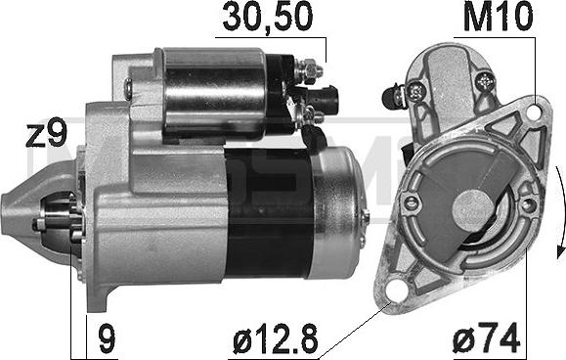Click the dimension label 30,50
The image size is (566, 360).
pyautogui.click(x=268, y=17)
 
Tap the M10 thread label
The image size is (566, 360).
pyautogui.click(x=498, y=17)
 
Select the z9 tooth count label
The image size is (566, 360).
pyautogui.click(x=47, y=132)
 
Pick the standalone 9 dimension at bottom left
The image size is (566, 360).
pyautogui.click(x=108, y=338)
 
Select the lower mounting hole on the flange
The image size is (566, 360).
pyautogui.click(x=395, y=291)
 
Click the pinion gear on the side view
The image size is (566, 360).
pyautogui.click(x=60, y=219)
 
